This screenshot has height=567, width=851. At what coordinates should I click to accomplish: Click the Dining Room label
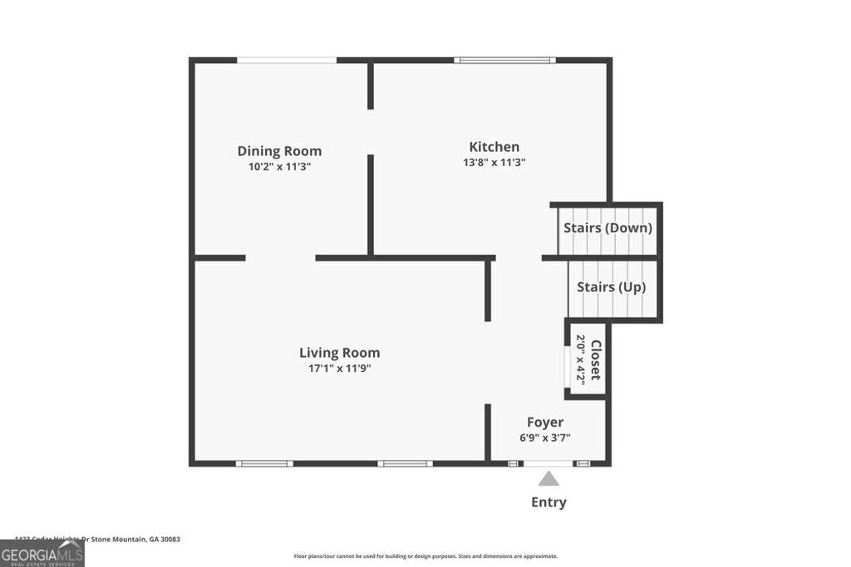pyautogui.click(x=279, y=151)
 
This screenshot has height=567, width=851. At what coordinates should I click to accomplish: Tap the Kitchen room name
pyautogui.click(x=494, y=147)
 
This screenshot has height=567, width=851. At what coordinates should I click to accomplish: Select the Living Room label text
pyautogui.click(x=339, y=353)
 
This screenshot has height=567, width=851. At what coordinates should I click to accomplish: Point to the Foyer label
pyautogui.click(x=545, y=423)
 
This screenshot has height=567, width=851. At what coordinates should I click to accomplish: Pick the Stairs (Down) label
pyautogui.click(x=608, y=227)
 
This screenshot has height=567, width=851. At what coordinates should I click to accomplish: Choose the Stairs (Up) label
pyautogui.click(x=611, y=287)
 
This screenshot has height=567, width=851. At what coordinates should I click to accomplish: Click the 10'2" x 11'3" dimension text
pyautogui.click(x=279, y=166)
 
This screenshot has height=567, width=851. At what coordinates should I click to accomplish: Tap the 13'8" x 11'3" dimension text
pyautogui.click(x=494, y=163)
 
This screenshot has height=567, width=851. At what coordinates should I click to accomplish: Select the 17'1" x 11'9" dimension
pyautogui.click(x=339, y=368)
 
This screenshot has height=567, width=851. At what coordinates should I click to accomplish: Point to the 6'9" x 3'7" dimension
pyautogui.click(x=545, y=437)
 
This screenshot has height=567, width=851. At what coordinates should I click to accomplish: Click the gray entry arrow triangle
pyautogui.click(x=548, y=479)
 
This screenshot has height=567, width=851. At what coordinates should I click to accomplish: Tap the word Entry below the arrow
pyautogui.click(x=548, y=502)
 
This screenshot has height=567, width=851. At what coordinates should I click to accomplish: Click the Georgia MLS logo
pyautogui.click(x=42, y=554)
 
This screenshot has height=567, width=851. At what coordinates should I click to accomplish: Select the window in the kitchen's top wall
pyautogui.click(x=504, y=60)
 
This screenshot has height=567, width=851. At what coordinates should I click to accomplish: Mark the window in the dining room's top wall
pyautogui.click(x=287, y=60)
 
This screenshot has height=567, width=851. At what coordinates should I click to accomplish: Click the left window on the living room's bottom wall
pyautogui.click(x=264, y=463)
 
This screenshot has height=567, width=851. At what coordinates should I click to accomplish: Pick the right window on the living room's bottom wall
pyautogui.click(x=405, y=463)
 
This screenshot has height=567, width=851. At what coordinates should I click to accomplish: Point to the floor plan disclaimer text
pyautogui.click(x=425, y=556)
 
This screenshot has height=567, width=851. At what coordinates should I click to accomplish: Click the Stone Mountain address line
pyautogui.click(x=97, y=539)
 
